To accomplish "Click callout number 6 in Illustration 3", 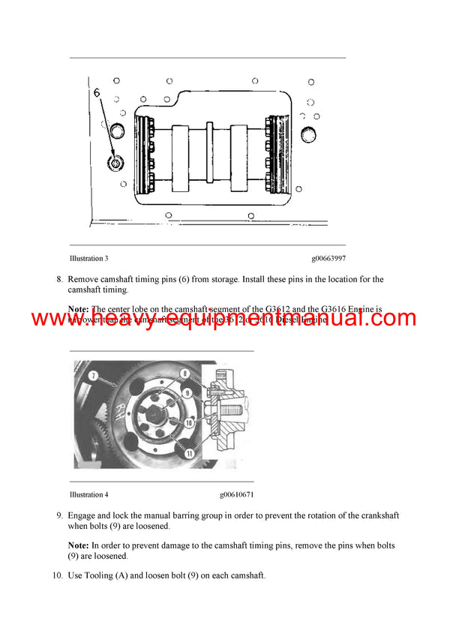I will (x=96, y=94).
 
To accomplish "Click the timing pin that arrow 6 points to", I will (x=115, y=164).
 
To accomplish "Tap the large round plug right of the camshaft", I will (x=310, y=134).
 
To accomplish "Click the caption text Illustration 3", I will (x=88, y=259).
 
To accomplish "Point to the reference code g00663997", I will (x=328, y=259).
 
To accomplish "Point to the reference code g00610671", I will (x=236, y=495).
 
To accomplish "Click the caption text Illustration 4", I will (x=88, y=495).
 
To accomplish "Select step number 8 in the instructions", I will (x=58, y=280).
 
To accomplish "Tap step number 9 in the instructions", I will (x=58, y=516).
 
